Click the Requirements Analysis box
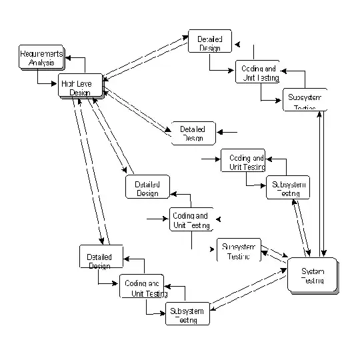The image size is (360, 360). point(41,58)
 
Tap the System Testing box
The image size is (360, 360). point(312,275)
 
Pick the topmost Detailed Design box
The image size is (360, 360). point(209,42)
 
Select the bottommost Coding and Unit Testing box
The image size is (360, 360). point(141,287)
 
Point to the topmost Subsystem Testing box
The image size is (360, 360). point(304,99)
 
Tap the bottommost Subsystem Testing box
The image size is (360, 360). point(187,313)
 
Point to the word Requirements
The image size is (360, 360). point(41,53)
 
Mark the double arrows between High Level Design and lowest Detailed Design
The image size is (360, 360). point(89,174)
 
